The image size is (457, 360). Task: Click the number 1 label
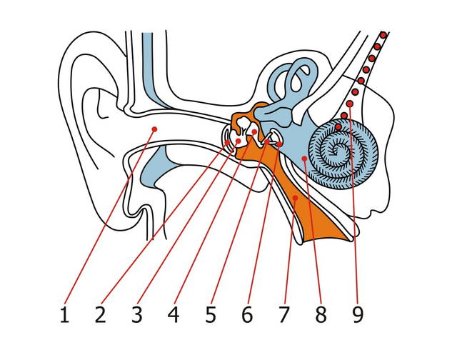tap(65, 314)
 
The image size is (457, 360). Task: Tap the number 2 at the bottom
tap(101, 314)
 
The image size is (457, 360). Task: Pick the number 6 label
tap(247, 314)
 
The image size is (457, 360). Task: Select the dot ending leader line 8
tap(304, 159)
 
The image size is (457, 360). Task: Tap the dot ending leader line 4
tap(254, 132)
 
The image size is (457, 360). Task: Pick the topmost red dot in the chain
tap(384, 34)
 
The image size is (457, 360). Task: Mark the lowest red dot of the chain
tap(337, 127)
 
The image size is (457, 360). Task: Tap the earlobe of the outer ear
tap(140, 214)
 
